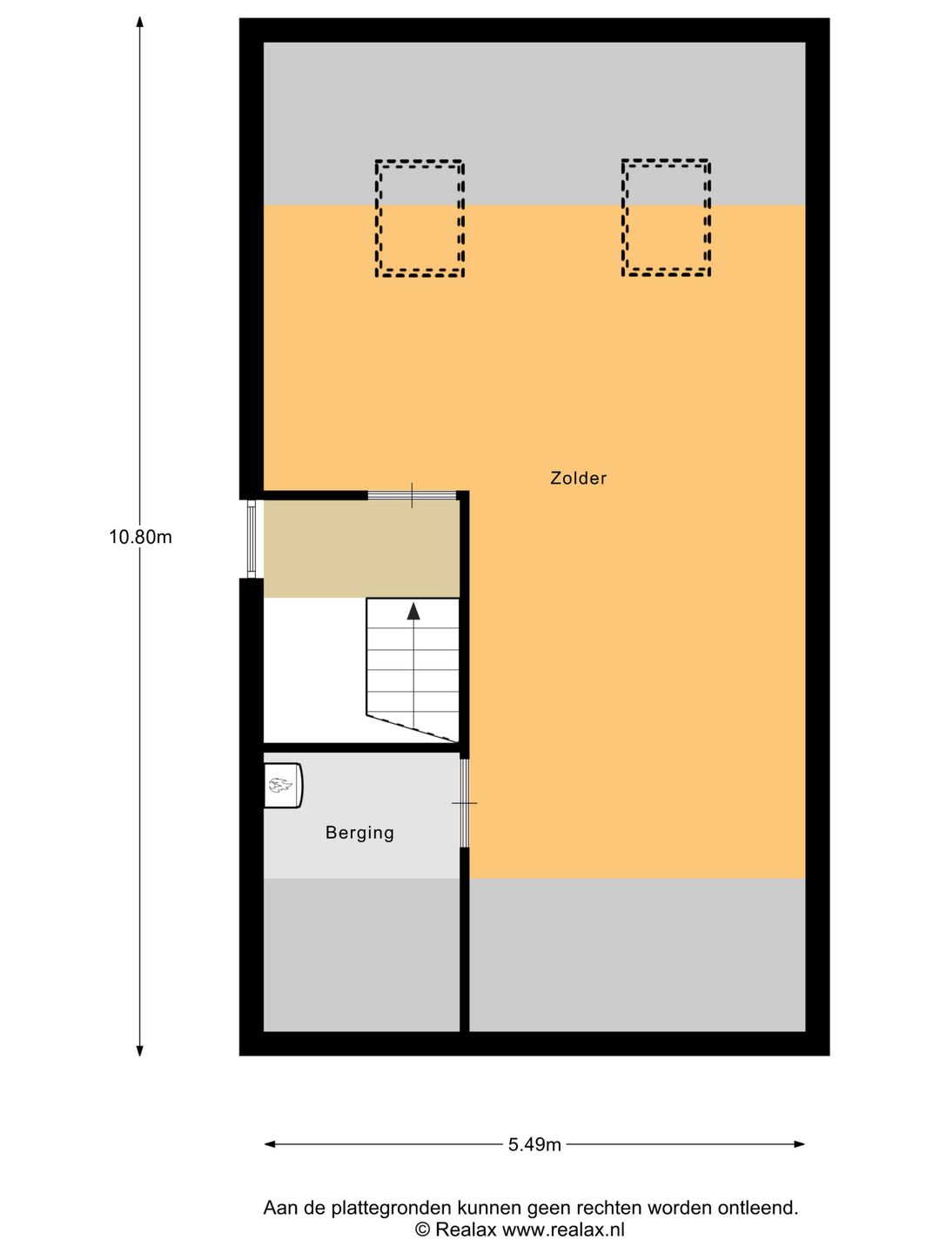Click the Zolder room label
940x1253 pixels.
click(x=578, y=478)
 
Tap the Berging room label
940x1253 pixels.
click(x=359, y=833)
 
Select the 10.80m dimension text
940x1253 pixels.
click(x=140, y=537)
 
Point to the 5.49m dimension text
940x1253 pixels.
click(x=534, y=1144)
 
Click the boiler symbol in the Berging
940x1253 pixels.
click(x=282, y=786)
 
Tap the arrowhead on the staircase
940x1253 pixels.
click(x=413, y=611)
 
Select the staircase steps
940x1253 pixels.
click(x=413, y=670)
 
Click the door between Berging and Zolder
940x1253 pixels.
click(x=465, y=802)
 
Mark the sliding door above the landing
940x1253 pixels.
click(x=412, y=495)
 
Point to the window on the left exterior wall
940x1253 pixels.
click(x=251, y=539)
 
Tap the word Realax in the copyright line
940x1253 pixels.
click(x=466, y=1230)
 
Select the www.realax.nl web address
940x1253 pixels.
click(x=563, y=1230)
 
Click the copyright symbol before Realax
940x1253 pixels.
click(x=422, y=1230)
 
